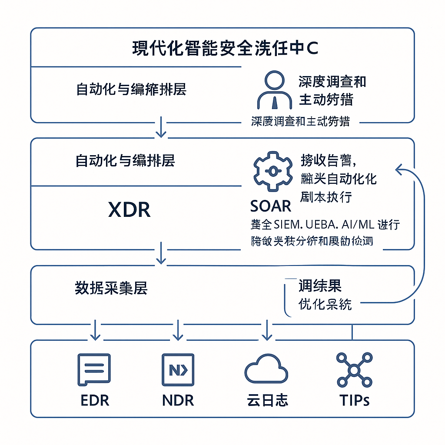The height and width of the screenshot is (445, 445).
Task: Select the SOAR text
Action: click(x=271, y=206)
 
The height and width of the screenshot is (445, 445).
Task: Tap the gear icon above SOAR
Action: click(x=272, y=171)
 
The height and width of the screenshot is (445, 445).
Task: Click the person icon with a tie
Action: click(x=274, y=90)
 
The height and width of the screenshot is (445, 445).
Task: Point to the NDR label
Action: click(x=178, y=400)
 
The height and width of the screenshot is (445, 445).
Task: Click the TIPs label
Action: click(x=355, y=400)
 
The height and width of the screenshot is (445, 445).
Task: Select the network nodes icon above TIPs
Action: click(x=354, y=370)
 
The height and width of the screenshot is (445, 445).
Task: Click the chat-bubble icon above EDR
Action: click(x=93, y=370)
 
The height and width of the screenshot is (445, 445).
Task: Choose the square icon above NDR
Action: click(x=178, y=370)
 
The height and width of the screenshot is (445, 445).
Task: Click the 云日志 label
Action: click(x=266, y=400)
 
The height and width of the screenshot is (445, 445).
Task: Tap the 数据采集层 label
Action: click(x=111, y=289)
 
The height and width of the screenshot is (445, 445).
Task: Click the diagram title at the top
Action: click(x=225, y=48)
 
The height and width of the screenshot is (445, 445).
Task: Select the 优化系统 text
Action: click(x=325, y=304)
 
